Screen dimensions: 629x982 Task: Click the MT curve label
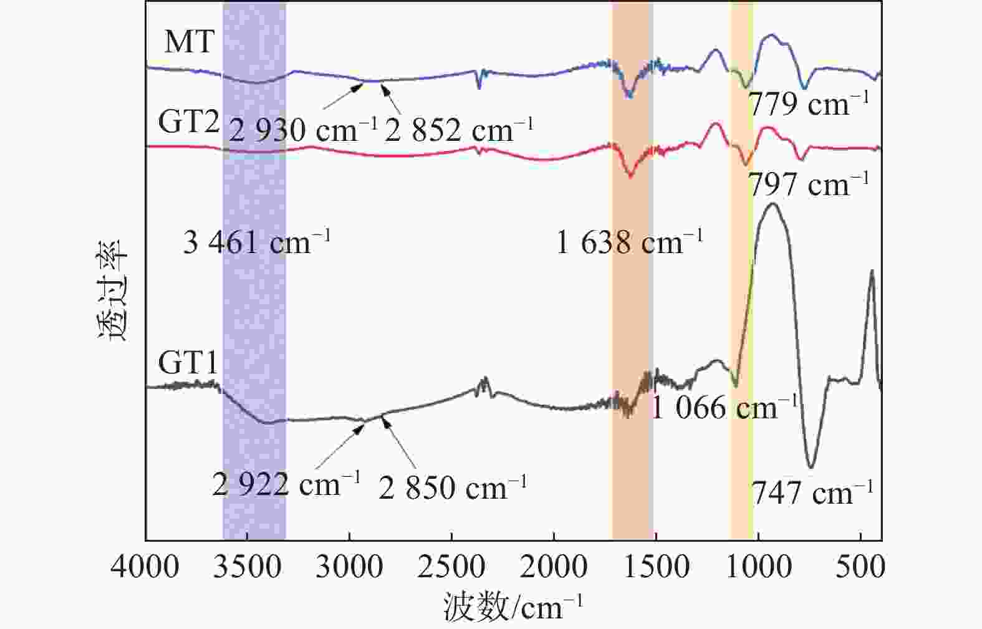click(189, 42)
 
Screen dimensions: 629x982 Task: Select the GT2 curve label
click(188, 122)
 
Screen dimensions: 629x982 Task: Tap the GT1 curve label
click(188, 362)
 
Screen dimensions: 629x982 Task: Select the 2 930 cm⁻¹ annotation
click(303, 130)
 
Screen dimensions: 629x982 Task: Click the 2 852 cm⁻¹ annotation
click(459, 130)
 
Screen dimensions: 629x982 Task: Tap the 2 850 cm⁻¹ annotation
click(453, 487)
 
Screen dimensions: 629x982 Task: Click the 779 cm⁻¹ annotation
click(808, 104)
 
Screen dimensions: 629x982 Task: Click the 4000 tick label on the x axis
click(145, 568)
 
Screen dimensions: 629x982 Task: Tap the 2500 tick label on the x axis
click(451, 568)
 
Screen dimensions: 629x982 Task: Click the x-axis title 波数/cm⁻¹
click(513, 607)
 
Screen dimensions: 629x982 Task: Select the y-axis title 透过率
click(113, 289)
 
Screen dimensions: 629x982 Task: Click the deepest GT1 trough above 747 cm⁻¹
click(811, 466)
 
